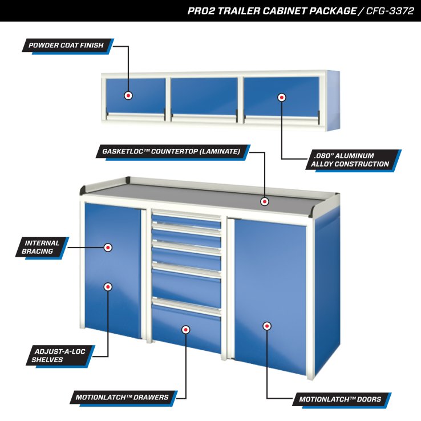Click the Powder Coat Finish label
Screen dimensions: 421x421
coord(67,46)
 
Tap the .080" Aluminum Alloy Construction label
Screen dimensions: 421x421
coord(351,160)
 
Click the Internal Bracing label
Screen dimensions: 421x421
coord(39,247)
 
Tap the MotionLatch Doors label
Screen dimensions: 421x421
coord(339,399)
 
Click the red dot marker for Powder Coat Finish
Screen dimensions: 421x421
coord(128,95)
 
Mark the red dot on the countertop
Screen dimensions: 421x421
coord(265,201)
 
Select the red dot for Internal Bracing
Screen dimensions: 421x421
coord(107,248)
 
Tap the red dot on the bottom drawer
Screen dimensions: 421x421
coord(185,329)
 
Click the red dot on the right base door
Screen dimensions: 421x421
coord(266,326)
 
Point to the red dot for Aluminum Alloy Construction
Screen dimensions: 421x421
coord(281,98)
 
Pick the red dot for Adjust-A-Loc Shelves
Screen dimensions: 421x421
coord(107,286)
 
